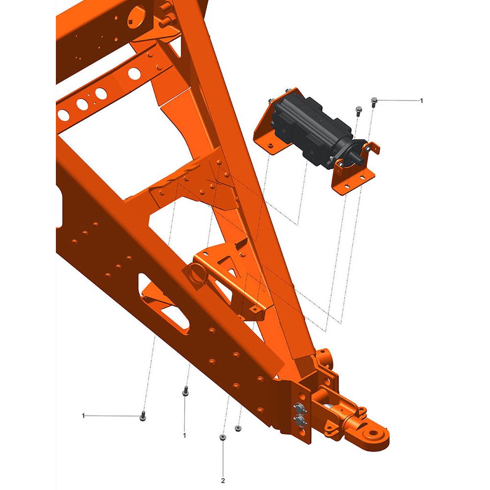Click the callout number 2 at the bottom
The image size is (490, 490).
(x=223, y=481)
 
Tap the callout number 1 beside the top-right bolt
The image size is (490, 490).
(x=421, y=100)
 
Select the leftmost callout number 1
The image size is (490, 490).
(x=83, y=416)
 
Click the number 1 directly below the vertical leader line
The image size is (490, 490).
(x=184, y=435)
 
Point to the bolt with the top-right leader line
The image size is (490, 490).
(x=374, y=102)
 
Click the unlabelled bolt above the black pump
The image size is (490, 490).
(x=359, y=111)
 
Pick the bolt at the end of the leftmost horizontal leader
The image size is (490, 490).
(x=143, y=416)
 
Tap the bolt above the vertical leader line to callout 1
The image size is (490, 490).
(x=185, y=391)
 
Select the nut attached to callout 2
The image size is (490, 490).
(x=222, y=437)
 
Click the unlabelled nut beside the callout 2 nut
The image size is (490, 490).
(x=238, y=428)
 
